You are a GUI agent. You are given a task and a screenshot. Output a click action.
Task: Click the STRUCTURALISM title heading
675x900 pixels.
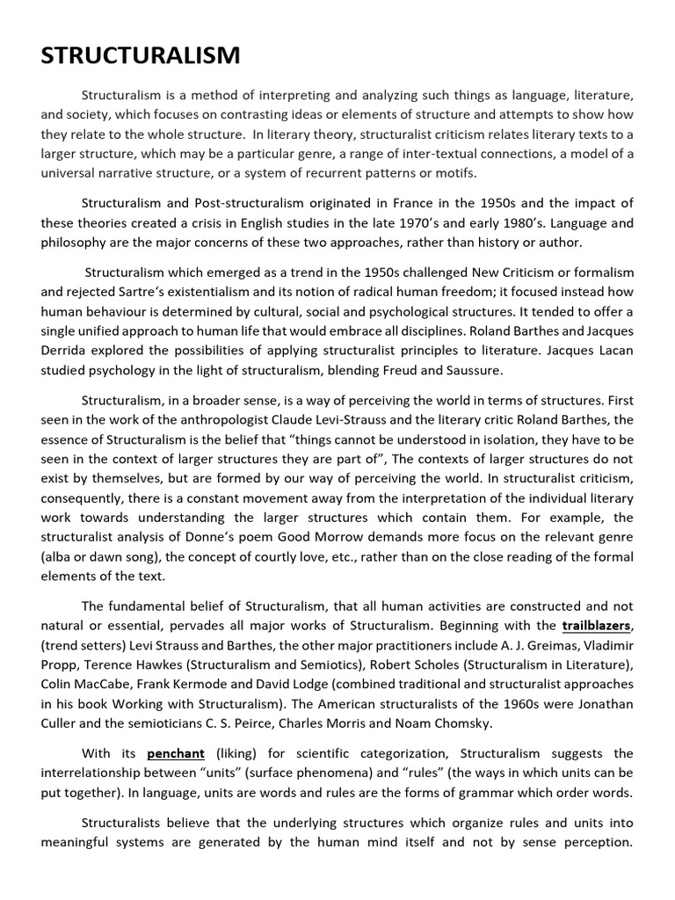click(x=141, y=55)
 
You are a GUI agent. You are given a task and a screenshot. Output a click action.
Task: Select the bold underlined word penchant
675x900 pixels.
click(x=176, y=753)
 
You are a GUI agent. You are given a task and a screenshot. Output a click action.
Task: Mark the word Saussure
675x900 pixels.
click(x=472, y=370)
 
